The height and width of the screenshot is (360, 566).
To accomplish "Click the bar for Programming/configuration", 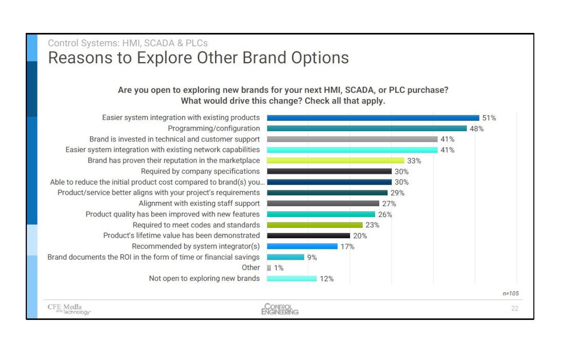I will pos(366,129).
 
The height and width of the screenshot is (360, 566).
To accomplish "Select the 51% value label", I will pos(489,118).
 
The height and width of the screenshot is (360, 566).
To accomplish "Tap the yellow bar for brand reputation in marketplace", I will pos(335,161).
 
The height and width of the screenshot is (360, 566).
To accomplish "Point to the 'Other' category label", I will pos(251,267).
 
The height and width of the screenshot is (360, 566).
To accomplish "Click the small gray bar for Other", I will pos(269,268).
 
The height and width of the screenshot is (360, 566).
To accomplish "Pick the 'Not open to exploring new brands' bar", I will pos(292,279).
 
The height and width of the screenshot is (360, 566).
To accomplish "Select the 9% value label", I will pos(312,257).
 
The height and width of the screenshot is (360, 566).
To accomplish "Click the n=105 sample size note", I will pos(510,293).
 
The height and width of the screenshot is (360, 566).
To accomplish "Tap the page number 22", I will pos(515,309).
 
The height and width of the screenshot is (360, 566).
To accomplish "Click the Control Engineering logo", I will pos(279,309).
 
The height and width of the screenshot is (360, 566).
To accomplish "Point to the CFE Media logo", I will pos(69,309).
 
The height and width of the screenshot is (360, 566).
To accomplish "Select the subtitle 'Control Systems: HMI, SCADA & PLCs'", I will pos(128,43).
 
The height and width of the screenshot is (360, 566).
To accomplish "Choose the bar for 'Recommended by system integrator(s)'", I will pos(302,246).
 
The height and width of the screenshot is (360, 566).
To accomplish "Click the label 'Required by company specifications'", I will pos(200,171).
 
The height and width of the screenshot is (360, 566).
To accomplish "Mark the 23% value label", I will pos(373,225).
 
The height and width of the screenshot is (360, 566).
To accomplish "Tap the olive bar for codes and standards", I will pos(314,225).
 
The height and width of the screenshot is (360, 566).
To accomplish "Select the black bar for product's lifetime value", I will pos(308,236).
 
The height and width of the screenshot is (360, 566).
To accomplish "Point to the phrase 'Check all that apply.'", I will pos(345,101).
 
